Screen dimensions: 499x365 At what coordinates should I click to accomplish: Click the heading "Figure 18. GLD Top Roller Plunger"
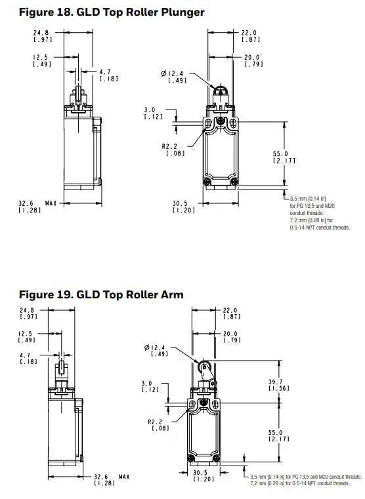(102, 11)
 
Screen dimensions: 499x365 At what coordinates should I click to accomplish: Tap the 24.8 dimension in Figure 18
(43, 31)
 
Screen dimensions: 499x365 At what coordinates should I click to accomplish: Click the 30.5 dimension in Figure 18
(181, 203)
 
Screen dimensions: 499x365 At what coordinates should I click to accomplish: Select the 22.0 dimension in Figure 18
(249, 31)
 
